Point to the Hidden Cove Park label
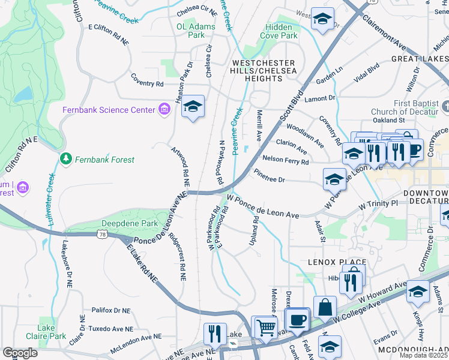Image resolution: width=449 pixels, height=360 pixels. (279, 32)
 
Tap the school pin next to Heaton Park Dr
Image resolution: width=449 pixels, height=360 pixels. (193, 107)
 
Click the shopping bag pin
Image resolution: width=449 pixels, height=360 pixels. (325, 307)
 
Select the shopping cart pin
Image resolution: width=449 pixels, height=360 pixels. (266, 327)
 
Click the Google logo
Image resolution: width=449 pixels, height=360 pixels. (20, 353)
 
